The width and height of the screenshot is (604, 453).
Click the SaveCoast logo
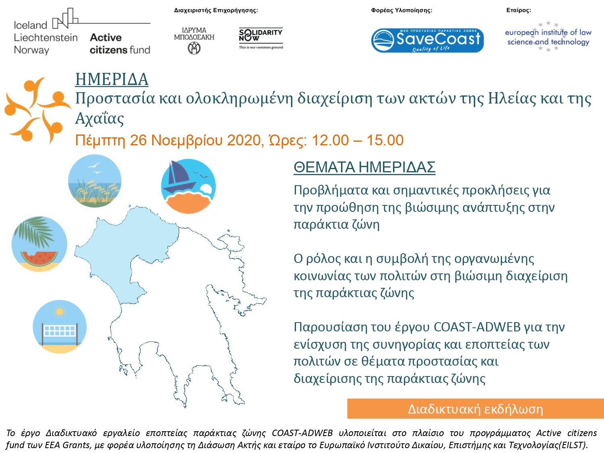[427, 40]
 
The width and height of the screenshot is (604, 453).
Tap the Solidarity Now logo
[261, 39]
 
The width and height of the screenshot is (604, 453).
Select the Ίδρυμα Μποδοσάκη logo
[194, 41]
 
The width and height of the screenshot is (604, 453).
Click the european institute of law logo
[548, 37]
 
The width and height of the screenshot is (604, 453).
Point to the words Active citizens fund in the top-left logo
[120, 43]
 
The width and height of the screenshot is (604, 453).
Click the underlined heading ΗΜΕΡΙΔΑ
[112, 79]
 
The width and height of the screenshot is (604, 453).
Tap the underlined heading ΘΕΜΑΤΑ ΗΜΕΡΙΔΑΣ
[364, 167]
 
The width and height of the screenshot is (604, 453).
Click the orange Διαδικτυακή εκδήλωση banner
[476, 409]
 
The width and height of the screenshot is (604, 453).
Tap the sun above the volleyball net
[60, 311]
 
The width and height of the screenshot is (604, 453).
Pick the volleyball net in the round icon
[60, 333]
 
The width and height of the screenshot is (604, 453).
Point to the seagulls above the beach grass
[94, 168]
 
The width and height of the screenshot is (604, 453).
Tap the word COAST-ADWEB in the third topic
[477, 327]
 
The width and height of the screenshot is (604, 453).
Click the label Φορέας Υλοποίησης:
[401, 10]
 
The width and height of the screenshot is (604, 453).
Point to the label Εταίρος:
[518, 10]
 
